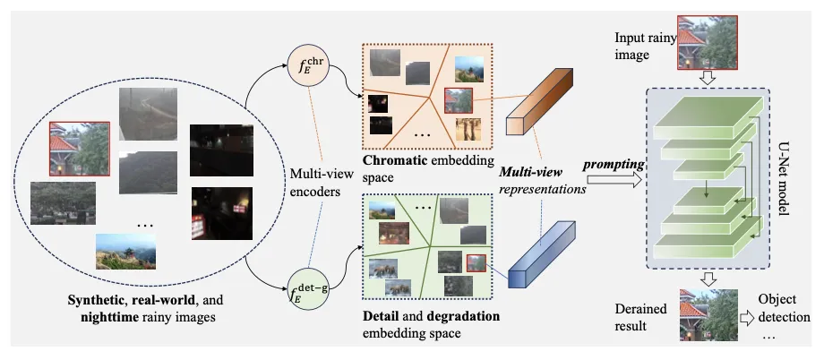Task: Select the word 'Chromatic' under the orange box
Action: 391,161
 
